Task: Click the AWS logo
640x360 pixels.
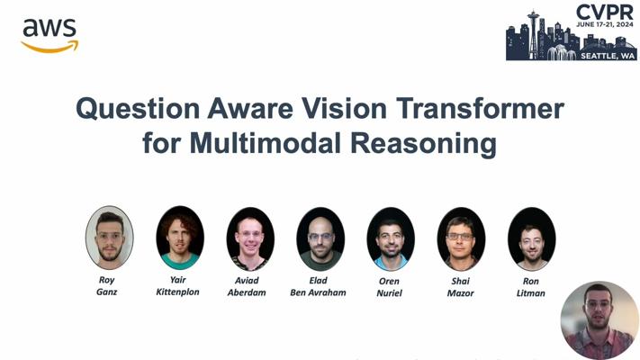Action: (x=50, y=36)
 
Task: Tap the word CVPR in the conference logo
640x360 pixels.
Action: (x=605, y=13)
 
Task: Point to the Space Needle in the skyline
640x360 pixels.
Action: (x=533, y=35)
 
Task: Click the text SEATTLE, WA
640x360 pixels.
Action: (x=608, y=56)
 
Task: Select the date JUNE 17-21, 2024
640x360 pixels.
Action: (x=605, y=24)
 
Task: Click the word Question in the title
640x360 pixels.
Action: (x=138, y=109)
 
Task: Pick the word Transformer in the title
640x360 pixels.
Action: (x=480, y=108)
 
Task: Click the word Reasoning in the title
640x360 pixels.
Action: (x=423, y=145)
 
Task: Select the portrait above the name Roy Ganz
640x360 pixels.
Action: (x=110, y=238)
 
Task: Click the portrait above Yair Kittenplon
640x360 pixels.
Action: (x=180, y=238)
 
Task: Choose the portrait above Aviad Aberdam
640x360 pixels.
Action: (x=250, y=238)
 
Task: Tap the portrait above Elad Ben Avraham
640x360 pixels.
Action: (x=320, y=238)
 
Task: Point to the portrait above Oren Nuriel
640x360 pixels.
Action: (x=391, y=238)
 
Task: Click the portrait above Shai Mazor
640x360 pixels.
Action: (x=461, y=238)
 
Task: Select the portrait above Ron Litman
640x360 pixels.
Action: (x=531, y=238)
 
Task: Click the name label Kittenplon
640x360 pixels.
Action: (x=177, y=292)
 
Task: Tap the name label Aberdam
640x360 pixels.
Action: (x=247, y=292)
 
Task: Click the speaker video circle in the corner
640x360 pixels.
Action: (x=599, y=320)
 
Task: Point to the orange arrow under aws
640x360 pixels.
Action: (x=50, y=47)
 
